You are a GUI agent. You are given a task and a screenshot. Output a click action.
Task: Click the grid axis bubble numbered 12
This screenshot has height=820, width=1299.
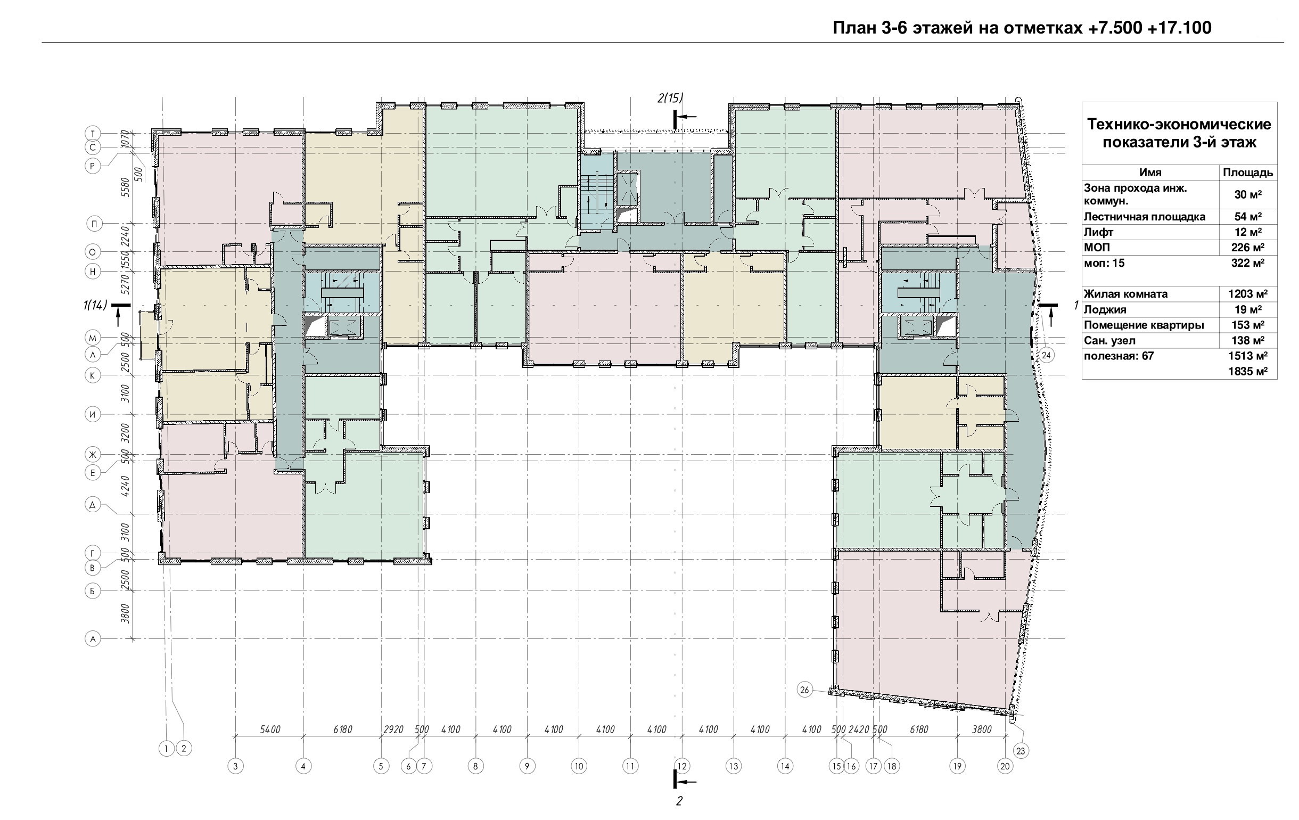[x=683, y=766]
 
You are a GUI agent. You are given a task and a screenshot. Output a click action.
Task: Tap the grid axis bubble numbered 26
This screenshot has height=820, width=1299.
[x=805, y=690]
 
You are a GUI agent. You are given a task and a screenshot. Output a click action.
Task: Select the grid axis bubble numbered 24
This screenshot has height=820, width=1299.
[x=1046, y=355]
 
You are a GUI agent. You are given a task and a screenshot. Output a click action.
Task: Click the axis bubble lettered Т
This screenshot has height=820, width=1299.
[x=93, y=133]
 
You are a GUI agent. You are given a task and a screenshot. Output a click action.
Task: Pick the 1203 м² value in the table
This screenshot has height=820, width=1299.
[x=1248, y=294]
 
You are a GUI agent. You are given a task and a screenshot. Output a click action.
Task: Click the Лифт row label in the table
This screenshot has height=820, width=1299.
[x=1098, y=233]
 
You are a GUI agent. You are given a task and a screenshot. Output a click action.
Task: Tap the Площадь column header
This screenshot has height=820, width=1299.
[x=1248, y=173]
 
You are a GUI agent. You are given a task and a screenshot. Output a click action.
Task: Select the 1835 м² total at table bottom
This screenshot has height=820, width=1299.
[x=1248, y=371]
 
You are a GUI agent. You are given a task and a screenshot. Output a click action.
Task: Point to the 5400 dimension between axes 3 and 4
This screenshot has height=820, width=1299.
[x=270, y=729]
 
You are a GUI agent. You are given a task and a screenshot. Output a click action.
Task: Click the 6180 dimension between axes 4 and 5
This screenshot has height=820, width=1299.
[x=342, y=729]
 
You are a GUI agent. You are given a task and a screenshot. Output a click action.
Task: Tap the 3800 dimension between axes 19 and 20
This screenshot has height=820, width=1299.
[x=981, y=729]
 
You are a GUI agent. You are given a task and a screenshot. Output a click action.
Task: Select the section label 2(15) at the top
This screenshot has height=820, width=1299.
[x=670, y=98]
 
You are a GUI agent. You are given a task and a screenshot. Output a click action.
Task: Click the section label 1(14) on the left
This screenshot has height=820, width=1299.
[x=94, y=305]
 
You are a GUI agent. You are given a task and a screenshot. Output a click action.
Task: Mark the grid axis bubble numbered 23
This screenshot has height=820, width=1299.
[x=1021, y=750]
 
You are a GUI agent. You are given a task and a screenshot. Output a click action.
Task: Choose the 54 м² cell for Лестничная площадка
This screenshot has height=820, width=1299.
[x=1248, y=217]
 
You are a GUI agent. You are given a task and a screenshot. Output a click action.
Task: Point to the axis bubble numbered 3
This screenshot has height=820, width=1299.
[x=235, y=766]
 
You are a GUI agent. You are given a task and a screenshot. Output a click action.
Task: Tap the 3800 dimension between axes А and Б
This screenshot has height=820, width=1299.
[x=125, y=614]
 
